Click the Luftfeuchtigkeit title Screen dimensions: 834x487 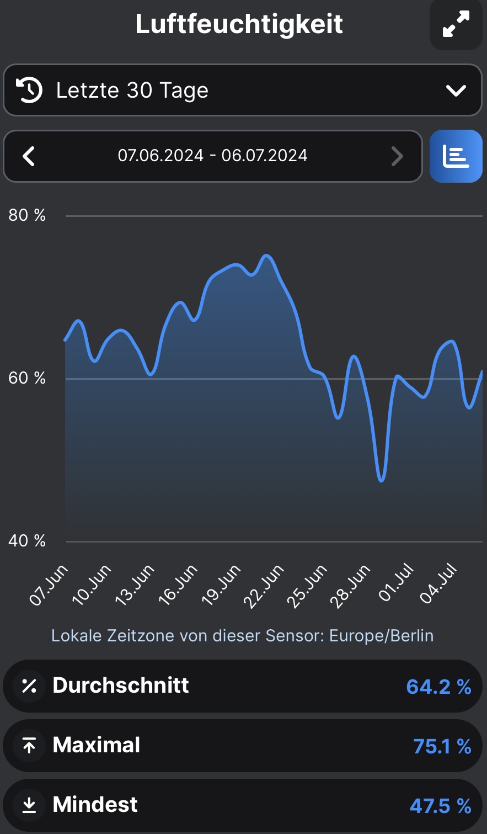[x=239, y=24]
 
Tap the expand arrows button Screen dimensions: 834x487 [x=456, y=24]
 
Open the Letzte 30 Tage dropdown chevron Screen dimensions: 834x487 [x=456, y=91]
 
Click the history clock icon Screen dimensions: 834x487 [x=29, y=91]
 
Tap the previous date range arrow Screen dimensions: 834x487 [x=29, y=157]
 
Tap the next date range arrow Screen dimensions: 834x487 [x=397, y=157]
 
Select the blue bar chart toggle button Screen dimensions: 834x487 [x=456, y=157]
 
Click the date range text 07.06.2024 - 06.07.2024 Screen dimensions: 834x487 [x=212, y=156]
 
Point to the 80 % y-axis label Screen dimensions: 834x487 [x=26, y=215]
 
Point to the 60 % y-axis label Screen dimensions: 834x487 [x=26, y=378]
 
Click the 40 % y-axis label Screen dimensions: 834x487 [x=26, y=541]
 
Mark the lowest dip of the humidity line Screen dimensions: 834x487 [x=381, y=481]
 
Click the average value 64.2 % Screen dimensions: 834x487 [x=438, y=687]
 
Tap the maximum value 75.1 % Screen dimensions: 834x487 [x=442, y=746]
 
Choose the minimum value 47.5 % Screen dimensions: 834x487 [x=440, y=806]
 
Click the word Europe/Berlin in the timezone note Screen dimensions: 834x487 [x=381, y=636]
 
